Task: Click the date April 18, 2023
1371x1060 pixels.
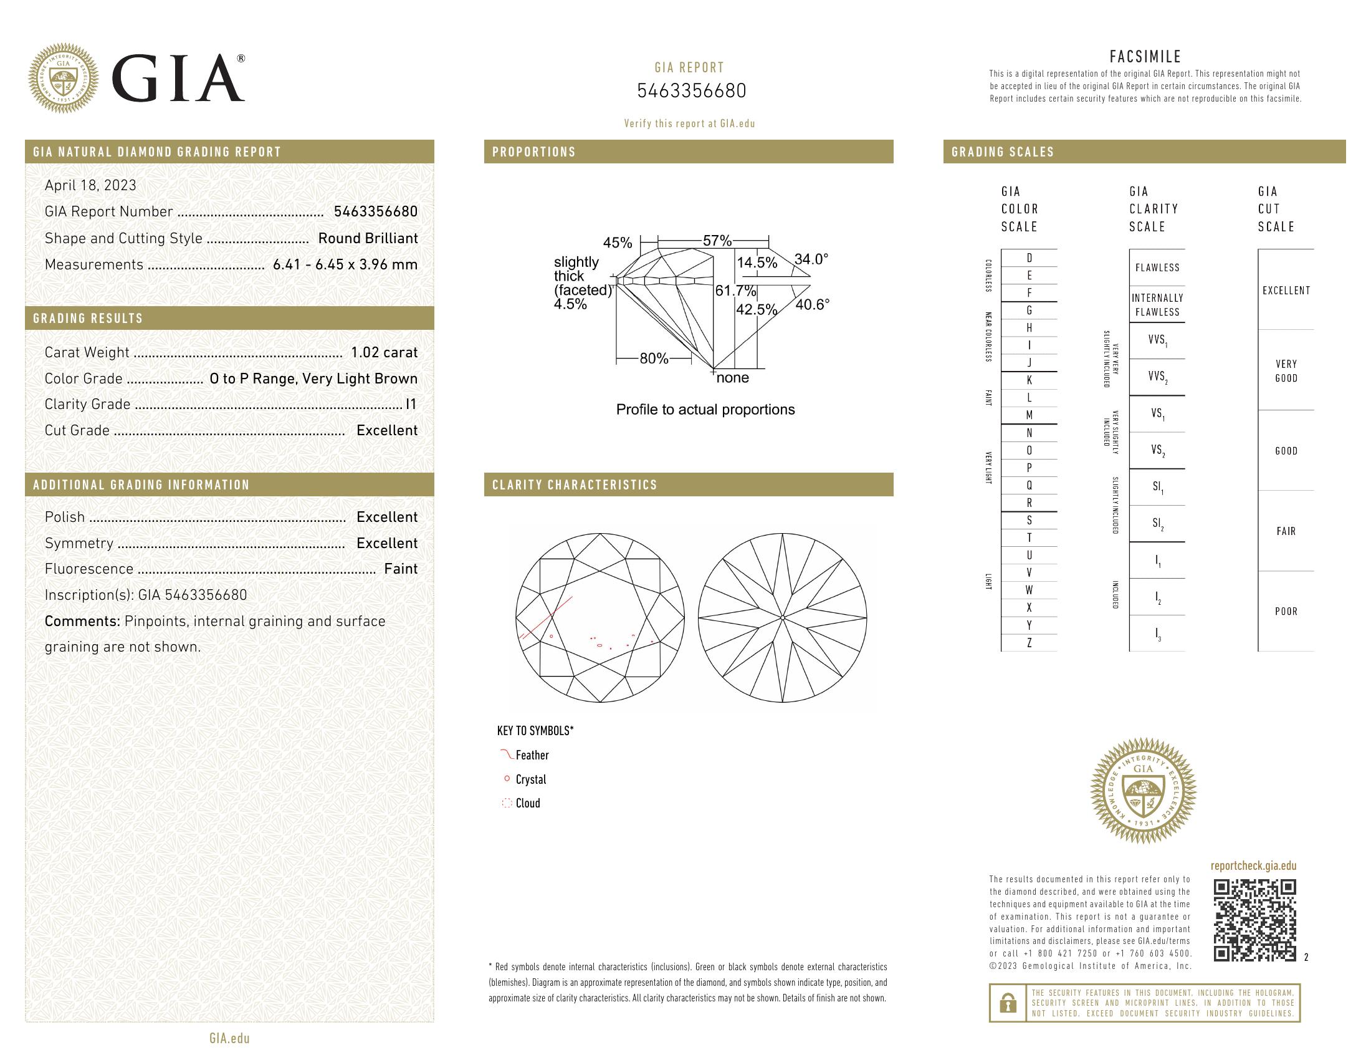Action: tap(90, 185)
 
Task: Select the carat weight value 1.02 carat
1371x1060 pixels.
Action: tap(384, 352)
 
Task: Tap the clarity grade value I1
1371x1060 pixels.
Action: tap(411, 405)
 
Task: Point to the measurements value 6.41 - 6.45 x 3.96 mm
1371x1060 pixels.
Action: tap(345, 264)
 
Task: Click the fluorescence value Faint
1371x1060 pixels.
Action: tap(401, 569)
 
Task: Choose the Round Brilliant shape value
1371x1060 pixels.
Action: tap(368, 238)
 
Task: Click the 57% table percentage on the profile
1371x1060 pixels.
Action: tap(717, 241)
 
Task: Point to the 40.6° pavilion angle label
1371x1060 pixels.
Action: tap(812, 304)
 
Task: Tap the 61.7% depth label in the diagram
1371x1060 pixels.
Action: tap(735, 291)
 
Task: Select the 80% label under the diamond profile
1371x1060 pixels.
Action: tap(654, 359)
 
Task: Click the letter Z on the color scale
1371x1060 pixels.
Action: tap(1029, 643)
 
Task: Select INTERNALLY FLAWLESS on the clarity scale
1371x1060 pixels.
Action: tap(1157, 305)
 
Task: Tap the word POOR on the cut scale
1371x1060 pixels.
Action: tap(1286, 611)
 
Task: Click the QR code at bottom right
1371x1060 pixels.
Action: tap(1254, 920)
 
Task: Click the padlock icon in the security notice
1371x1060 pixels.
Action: tap(1008, 1003)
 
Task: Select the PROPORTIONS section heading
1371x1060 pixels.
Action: tap(533, 152)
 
